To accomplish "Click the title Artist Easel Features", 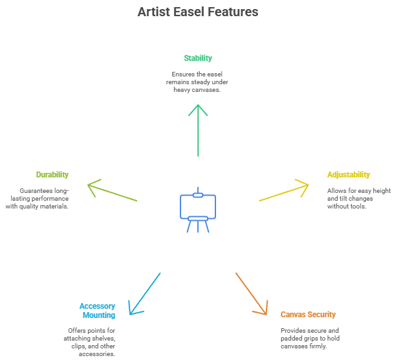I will (198, 12).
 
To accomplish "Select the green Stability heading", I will (198, 58).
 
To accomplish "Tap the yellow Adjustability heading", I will (349, 175).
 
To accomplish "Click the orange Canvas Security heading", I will (308, 315).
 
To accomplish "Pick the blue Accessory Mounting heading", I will (97, 310).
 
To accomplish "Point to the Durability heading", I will (52, 175).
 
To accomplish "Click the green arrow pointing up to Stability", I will (199, 129).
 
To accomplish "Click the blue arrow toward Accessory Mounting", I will (144, 294).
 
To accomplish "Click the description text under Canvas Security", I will (310, 338).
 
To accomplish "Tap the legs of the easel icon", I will (198, 226).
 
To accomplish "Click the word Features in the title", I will (235, 12).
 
